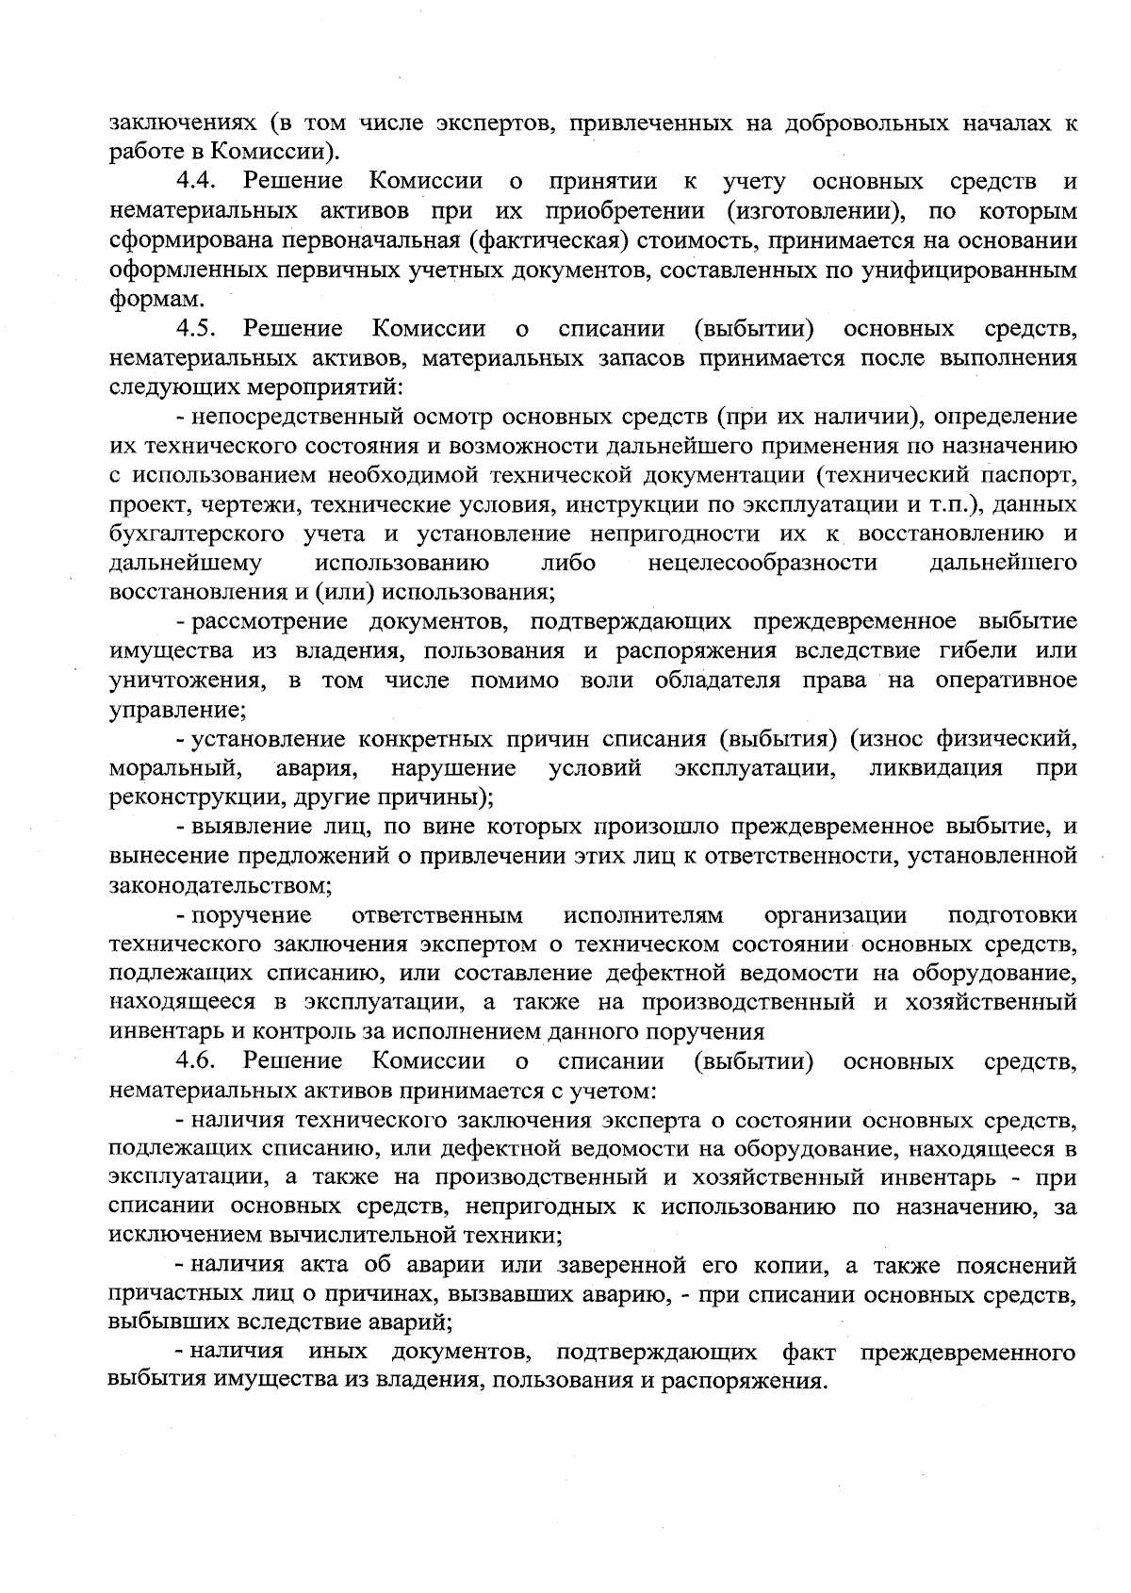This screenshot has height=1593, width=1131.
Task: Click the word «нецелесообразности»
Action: point(762,564)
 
